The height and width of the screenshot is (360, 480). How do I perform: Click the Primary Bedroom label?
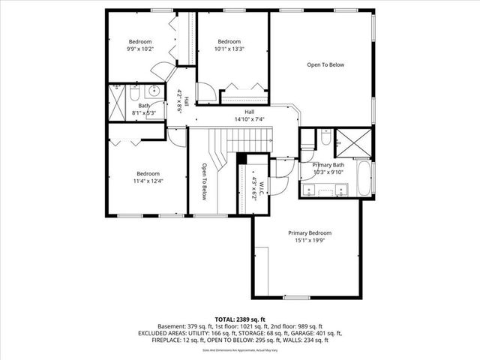[x=310, y=232]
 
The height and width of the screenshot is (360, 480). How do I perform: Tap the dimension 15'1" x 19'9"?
[x=310, y=241]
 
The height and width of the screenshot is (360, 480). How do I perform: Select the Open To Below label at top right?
[x=325, y=65]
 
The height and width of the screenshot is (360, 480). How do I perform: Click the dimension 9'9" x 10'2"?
[x=140, y=49]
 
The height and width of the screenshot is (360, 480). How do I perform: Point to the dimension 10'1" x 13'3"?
[x=229, y=49]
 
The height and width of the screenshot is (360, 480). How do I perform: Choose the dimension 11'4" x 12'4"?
[x=148, y=181]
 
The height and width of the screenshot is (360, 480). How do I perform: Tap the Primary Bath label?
[x=328, y=164]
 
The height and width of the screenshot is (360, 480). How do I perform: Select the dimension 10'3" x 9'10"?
[x=328, y=172]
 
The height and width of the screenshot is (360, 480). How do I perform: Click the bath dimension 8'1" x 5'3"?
[x=143, y=113]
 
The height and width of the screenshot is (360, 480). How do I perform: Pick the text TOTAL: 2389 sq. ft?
[x=239, y=319]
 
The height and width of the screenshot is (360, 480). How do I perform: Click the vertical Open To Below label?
[x=204, y=181]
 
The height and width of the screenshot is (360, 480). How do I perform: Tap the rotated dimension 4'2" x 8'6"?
[x=181, y=100]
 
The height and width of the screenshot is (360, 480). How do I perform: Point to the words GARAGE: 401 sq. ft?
[x=315, y=333]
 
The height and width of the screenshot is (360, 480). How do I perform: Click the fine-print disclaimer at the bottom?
[x=239, y=349]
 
